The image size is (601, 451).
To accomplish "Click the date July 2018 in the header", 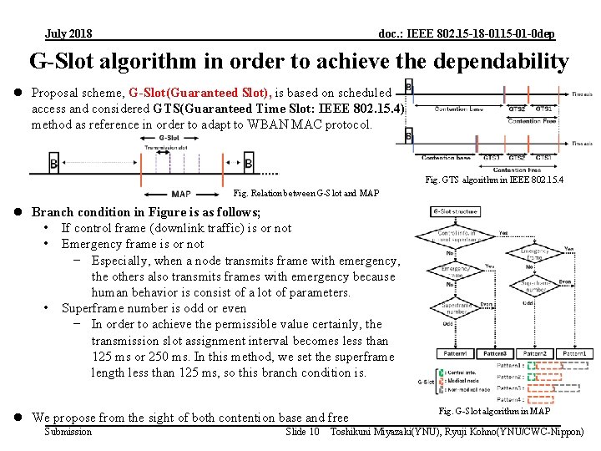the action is pos(69,34).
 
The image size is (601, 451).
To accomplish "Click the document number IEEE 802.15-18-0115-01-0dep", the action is pos(466,34).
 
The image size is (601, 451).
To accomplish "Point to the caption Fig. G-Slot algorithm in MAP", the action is pos(494,411).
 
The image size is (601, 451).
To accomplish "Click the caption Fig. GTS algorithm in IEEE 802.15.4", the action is pos(494,179).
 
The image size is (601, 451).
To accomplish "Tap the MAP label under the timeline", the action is pos(181,194).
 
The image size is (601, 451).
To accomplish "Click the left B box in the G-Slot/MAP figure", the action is pos(54,165).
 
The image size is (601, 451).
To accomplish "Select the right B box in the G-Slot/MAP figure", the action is pos(248,165).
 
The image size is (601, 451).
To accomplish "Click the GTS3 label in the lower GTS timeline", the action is pos(492,158).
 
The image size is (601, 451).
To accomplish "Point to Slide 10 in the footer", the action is pos(302,432).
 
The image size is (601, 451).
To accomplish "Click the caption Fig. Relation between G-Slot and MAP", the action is pos(306,194).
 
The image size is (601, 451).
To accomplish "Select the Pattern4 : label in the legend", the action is pos(511,401).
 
